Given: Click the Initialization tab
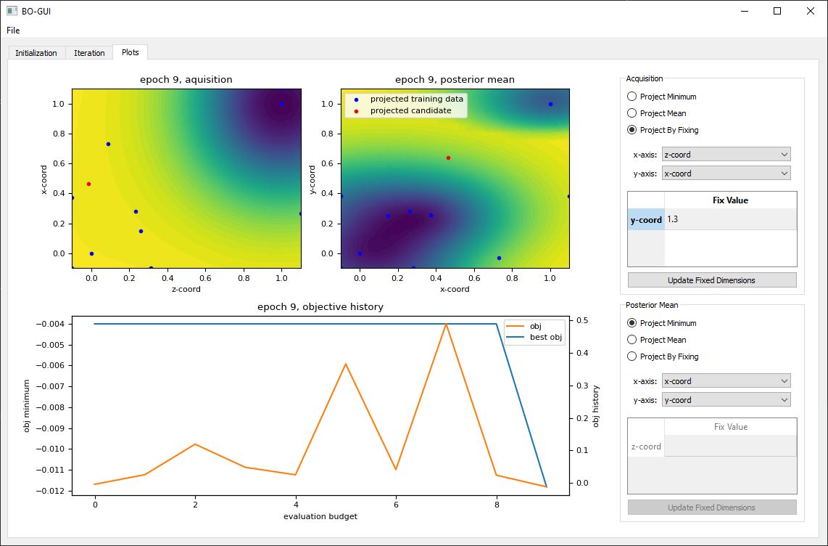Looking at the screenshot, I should [36, 53].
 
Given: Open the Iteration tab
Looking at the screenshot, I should [89, 53].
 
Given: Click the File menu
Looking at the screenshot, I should [14, 30].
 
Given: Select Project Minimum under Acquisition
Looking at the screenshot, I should [632, 97].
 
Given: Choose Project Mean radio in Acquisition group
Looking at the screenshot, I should [632, 113].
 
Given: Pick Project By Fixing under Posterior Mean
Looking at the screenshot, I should [632, 356].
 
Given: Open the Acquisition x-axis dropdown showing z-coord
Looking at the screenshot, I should [726, 155].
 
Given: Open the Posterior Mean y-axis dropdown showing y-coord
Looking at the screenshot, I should [726, 400].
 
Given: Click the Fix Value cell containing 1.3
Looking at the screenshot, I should [729, 219].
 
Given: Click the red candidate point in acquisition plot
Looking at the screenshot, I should [88, 184].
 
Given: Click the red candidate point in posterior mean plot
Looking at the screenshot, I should [448, 158].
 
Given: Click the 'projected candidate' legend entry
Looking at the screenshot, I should [410, 110].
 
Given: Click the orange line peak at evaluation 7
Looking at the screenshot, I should [447, 325].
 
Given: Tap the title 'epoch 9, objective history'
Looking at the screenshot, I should [320, 307].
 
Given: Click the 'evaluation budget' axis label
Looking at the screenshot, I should [320, 516].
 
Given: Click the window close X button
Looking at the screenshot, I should [810, 11].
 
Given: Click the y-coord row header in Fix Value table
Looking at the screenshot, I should [646, 219].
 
